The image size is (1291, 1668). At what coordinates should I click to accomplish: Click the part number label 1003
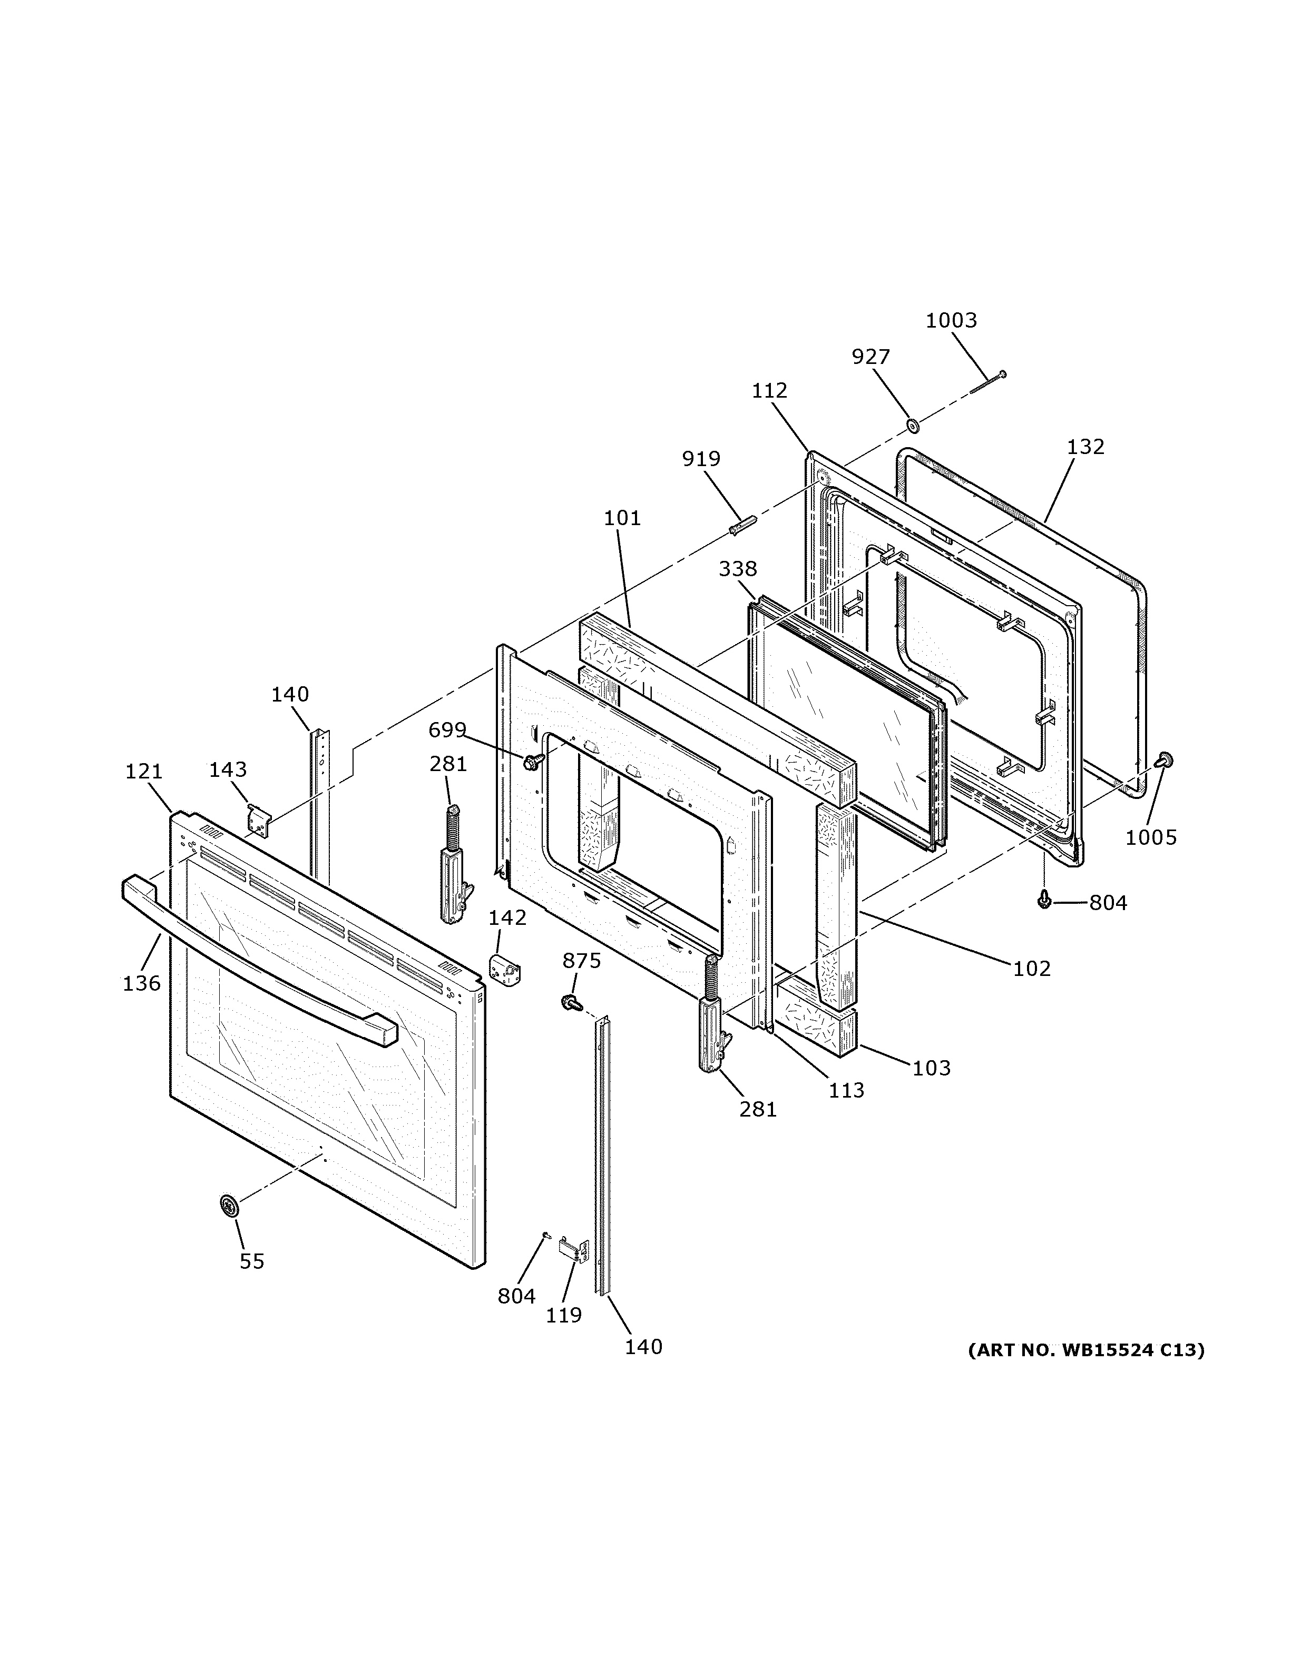pyautogui.click(x=951, y=320)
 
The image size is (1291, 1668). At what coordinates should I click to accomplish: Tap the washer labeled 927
pyautogui.click(x=911, y=424)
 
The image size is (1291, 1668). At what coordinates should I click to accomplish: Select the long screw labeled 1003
pyautogui.click(x=987, y=383)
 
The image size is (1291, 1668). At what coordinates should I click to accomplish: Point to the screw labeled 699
pyautogui.click(x=532, y=761)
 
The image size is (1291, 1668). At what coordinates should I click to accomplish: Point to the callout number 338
pyautogui.click(x=737, y=568)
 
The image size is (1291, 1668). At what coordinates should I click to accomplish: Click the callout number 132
pyautogui.click(x=1085, y=447)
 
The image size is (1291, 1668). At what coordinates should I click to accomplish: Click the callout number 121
pyautogui.click(x=144, y=772)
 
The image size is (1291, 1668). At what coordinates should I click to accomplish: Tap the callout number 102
pyautogui.click(x=1031, y=969)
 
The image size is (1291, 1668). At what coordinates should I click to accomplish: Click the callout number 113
pyautogui.click(x=846, y=1090)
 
